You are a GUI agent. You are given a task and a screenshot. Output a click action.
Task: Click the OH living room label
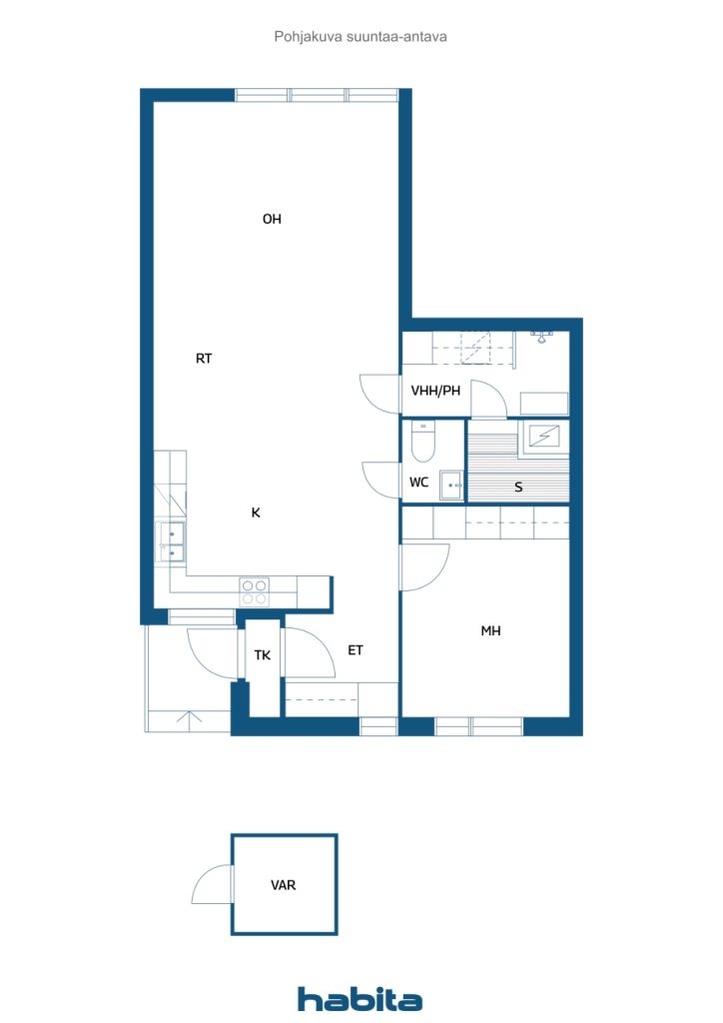click(272, 219)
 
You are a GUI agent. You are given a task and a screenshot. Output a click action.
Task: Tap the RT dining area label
click(204, 359)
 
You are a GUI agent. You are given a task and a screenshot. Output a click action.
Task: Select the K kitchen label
click(256, 512)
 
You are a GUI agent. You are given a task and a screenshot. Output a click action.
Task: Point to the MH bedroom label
click(491, 631)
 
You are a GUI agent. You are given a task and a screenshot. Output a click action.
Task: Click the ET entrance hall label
click(356, 650)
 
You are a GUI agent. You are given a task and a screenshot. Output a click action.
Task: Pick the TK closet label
click(262, 655)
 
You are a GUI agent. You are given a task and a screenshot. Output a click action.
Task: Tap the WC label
click(418, 483)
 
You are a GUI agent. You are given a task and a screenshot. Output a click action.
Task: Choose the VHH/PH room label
click(435, 391)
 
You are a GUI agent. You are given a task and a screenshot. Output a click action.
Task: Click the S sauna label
click(518, 487)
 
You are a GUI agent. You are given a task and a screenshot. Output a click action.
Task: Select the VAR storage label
click(283, 885)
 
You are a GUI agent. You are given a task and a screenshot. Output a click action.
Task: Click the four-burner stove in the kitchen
click(255, 592)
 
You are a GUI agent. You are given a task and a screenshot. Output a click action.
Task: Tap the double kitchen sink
click(172, 542)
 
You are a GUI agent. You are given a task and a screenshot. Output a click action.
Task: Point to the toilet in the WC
click(423, 442)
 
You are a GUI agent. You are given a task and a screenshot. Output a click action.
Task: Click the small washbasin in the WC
click(451, 485)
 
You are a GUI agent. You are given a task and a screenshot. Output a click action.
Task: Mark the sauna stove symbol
click(543, 436)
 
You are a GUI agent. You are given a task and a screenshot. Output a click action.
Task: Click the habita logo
click(360, 999)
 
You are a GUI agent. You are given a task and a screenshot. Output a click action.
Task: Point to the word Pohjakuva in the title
click(308, 37)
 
